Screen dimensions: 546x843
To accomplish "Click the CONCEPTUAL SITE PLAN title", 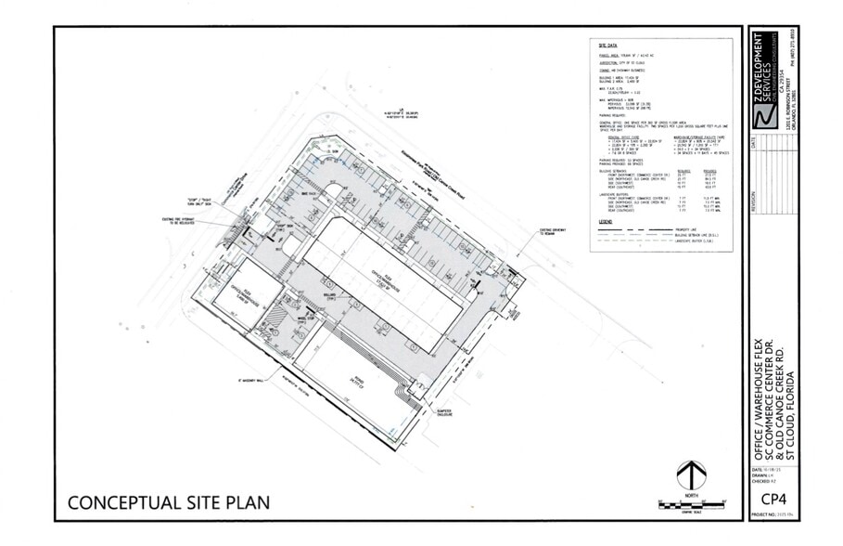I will click(168, 503).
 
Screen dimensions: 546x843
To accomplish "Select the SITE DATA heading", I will click(608, 45).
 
